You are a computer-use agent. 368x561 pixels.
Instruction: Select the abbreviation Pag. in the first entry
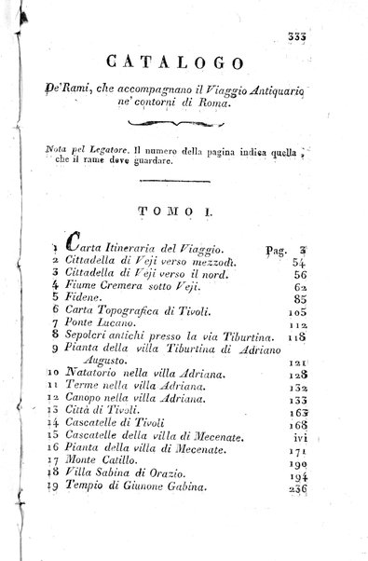[279, 251]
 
